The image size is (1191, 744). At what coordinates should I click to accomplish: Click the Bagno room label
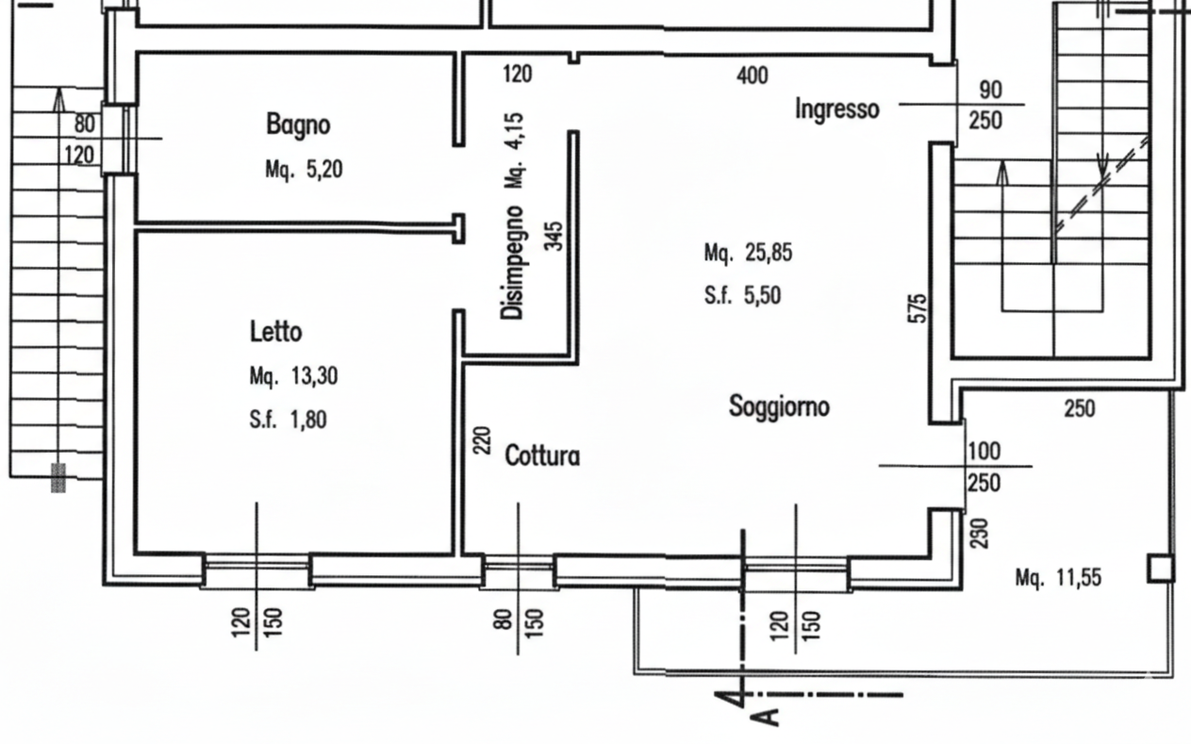tap(297, 124)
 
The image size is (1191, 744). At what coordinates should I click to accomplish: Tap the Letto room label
tap(275, 332)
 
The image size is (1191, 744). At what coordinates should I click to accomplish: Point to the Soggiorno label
tap(780, 406)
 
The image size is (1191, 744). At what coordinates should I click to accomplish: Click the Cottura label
tap(542, 456)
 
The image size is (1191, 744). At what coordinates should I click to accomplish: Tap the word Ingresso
tap(837, 109)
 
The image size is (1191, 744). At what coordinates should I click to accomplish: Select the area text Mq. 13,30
tap(293, 377)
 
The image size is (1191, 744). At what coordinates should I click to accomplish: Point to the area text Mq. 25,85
tap(748, 254)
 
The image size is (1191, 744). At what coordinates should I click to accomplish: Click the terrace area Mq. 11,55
tap(1059, 577)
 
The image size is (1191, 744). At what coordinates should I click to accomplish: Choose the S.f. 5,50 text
tap(742, 296)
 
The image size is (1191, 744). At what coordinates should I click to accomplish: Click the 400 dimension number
tap(752, 74)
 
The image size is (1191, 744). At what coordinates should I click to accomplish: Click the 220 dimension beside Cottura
tap(483, 440)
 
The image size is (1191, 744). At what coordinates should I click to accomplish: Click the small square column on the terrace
tap(1160, 569)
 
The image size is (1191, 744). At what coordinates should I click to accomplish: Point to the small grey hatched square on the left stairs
tap(58, 477)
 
